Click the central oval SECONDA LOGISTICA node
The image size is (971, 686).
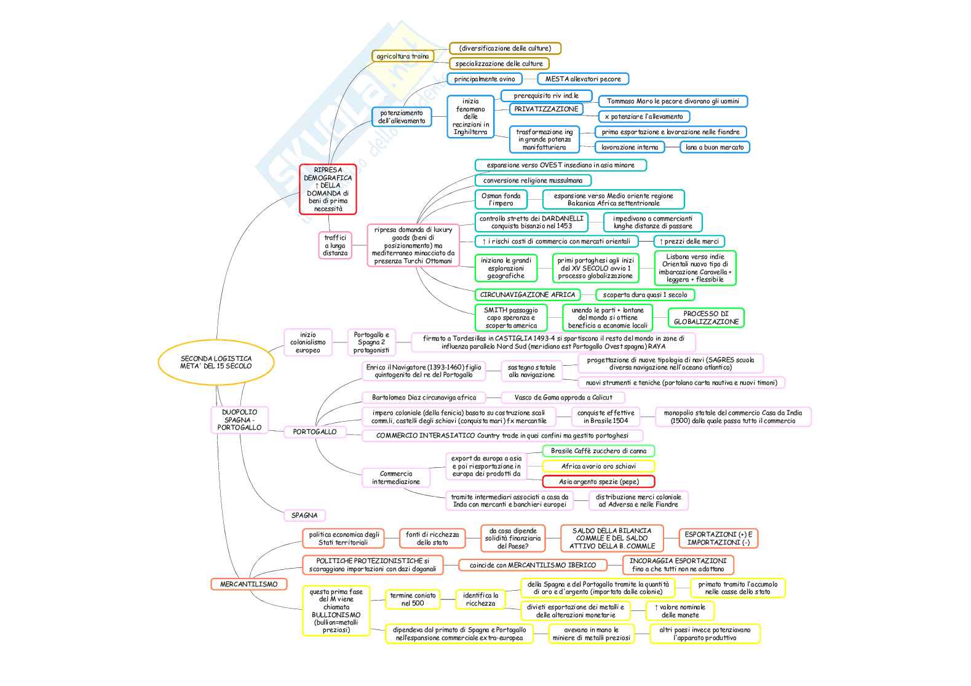(x=216, y=362)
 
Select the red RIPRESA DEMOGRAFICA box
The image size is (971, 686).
(x=328, y=189)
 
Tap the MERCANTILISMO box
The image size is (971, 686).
(x=248, y=584)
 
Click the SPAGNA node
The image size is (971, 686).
(x=304, y=515)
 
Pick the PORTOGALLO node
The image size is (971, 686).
(x=314, y=432)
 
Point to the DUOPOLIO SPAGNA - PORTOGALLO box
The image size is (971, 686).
(x=239, y=420)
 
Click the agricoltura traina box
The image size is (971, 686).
(x=402, y=56)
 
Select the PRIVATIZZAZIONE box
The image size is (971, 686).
(x=546, y=109)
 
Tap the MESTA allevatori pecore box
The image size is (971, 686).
(x=583, y=79)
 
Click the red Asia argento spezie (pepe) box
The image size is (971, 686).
(x=598, y=481)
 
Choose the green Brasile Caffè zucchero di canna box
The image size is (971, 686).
(x=598, y=451)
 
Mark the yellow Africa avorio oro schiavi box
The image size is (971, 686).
(x=598, y=466)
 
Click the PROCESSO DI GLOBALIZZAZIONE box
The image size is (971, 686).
(x=706, y=318)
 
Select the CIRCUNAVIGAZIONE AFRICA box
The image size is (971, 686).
(x=528, y=294)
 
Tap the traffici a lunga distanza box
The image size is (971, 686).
(x=335, y=245)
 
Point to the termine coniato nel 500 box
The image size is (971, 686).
(x=413, y=599)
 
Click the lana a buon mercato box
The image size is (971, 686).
(x=715, y=147)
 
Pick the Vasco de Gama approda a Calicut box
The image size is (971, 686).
(x=563, y=397)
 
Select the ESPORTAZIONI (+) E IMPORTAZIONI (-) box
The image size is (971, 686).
(x=718, y=538)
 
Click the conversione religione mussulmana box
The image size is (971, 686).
(x=533, y=180)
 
